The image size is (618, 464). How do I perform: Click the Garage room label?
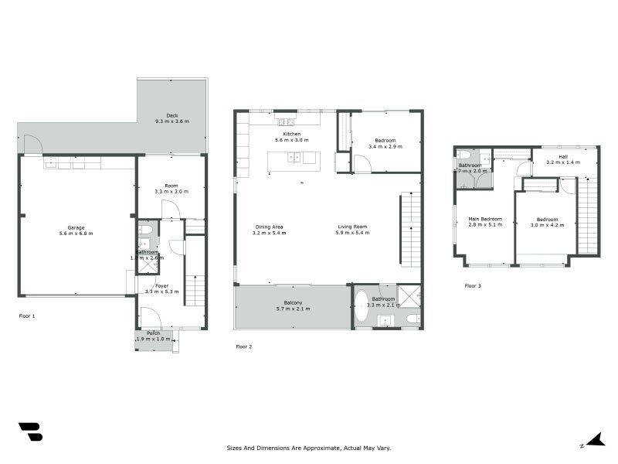pos(76,227)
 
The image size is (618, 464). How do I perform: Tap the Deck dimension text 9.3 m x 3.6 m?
pos(171,121)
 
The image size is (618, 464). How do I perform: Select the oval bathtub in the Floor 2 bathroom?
pos(362,305)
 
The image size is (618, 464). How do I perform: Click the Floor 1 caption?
pos(27,316)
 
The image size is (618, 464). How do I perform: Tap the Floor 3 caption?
pos(472,286)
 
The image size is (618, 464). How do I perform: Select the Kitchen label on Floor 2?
pos(291,134)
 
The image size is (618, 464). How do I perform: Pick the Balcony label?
pos(292,302)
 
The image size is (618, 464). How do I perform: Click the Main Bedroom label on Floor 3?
pos(485,220)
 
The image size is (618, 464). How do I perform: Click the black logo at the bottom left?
pos(30,432)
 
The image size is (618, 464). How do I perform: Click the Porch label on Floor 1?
pos(154,333)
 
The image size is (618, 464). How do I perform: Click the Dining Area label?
pos(270,227)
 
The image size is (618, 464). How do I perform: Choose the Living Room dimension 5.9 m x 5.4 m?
pos(351,233)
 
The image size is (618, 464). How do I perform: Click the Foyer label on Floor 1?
pos(161,285)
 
